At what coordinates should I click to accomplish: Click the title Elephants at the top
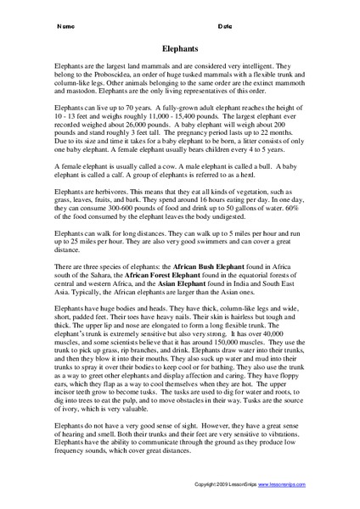click(178, 50)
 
